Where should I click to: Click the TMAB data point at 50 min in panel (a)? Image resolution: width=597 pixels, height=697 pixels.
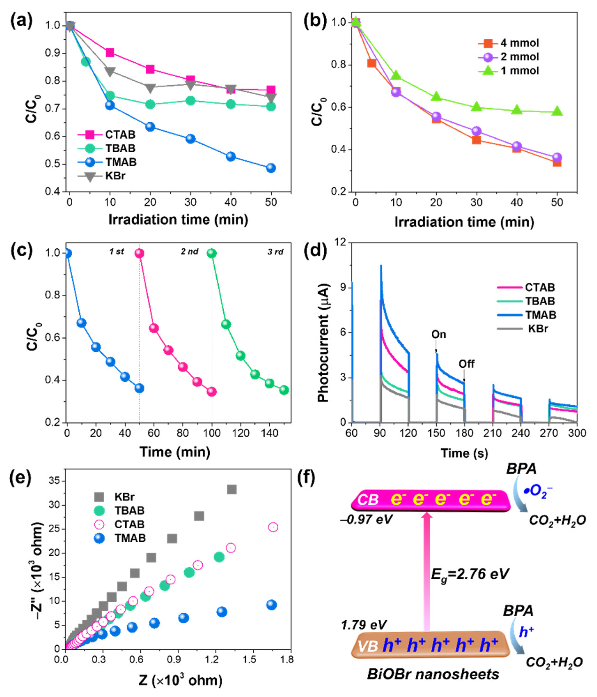tap(271, 168)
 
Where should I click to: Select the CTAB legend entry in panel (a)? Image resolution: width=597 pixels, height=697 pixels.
tap(120, 135)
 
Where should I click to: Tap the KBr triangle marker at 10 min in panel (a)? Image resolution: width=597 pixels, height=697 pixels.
tap(110, 71)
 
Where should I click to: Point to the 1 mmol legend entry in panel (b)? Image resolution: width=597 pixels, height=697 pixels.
tap(520, 71)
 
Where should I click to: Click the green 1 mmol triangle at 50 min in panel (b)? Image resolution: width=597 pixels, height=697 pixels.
tap(557, 111)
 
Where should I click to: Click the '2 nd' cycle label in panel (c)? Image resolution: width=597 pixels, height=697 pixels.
tap(190, 251)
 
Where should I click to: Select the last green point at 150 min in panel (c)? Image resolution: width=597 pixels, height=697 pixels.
tap(284, 390)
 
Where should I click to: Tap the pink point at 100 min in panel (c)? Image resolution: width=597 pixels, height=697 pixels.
tap(211, 392)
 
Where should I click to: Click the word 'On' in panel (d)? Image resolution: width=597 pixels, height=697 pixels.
tap(438, 334)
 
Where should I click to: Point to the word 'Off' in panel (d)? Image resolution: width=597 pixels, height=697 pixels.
tap(466, 364)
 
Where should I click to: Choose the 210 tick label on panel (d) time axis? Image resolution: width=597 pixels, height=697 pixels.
tap(493, 433)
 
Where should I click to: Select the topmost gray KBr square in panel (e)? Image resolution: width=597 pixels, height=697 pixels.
tap(232, 489)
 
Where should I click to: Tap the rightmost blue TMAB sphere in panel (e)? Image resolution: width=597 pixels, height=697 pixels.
tap(271, 605)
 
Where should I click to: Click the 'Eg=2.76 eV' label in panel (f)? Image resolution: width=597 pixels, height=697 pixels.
tap(469, 574)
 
